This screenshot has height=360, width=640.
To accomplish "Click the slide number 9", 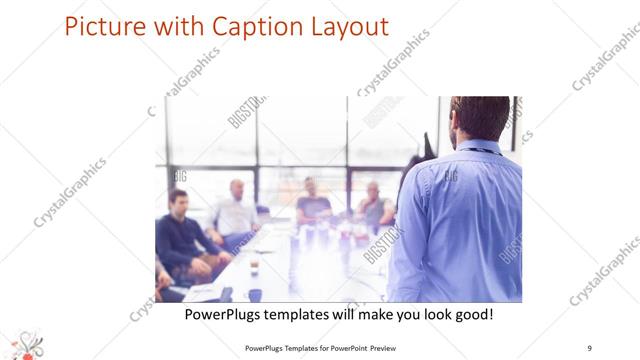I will pyautogui.click(x=589, y=347).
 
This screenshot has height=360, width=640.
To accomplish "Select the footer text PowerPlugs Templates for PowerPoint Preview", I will pyautogui.click(x=319, y=347).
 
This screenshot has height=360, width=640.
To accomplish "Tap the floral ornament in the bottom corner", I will pyautogui.click(x=25, y=344).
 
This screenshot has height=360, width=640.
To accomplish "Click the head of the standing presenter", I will pyautogui.click(x=479, y=118).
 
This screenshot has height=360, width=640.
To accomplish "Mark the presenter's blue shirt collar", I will pyautogui.click(x=483, y=148).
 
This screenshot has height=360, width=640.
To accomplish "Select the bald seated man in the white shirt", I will pyautogui.click(x=235, y=211).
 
